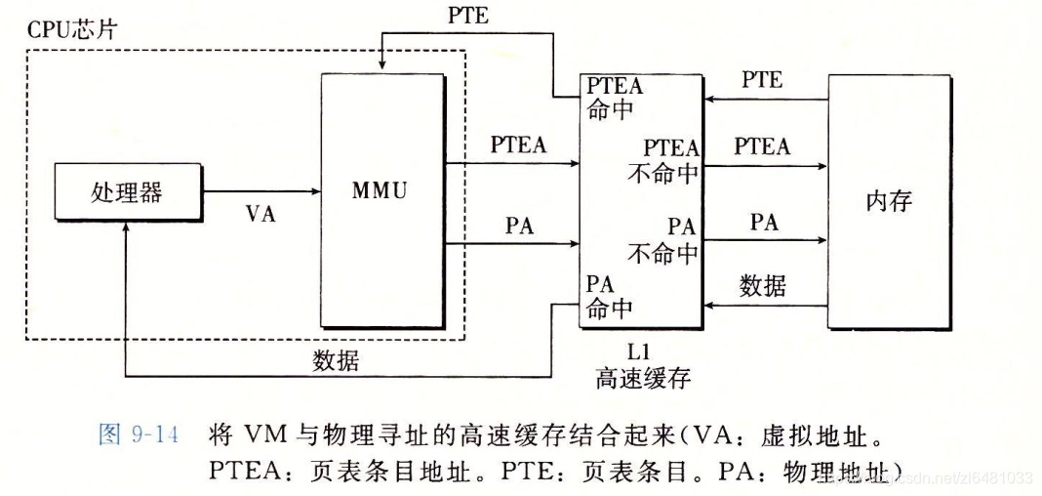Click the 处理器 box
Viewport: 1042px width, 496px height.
coord(127,190)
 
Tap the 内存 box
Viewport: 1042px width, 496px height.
coord(888,202)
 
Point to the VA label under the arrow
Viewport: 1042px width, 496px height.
coord(260,214)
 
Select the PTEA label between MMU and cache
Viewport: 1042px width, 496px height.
coord(518,145)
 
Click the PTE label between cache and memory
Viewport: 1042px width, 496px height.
coord(762,80)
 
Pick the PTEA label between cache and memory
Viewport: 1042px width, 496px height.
coord(762,146)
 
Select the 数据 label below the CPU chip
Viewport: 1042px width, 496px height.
coord(336,360)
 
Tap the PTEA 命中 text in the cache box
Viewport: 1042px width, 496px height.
coord(616,97)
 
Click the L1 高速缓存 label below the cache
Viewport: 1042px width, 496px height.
coord(643,366)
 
